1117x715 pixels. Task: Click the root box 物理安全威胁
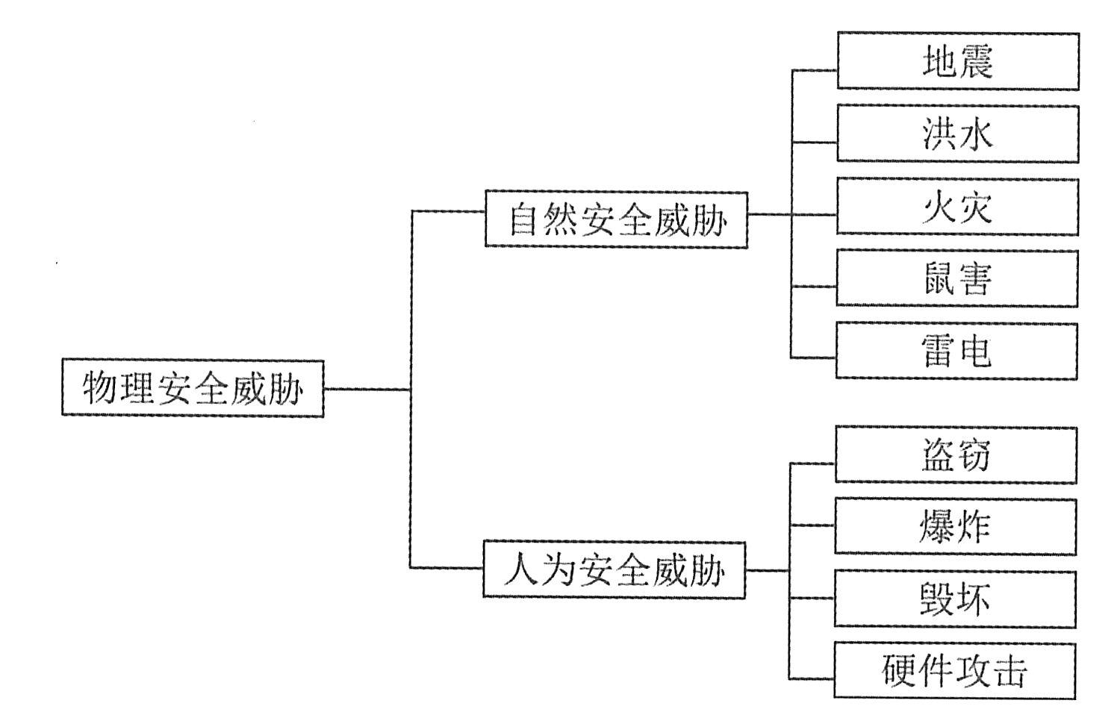coord(193,388)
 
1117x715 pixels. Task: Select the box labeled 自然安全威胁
coord(616,219)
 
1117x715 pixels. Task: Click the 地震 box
coord(957,61)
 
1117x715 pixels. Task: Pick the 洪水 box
coord(957,134)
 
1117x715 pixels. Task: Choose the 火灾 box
coord(957,206)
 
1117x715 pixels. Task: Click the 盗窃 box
coord(956,455)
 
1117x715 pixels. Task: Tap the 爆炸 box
coord(955,527)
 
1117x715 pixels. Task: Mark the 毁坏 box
coord(955,599)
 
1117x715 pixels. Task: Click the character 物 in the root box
coord(100,389)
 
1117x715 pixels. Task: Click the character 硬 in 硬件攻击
coord(899,671)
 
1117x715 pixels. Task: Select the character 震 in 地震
coord(975,62)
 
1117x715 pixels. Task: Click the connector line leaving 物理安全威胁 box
coord(366,389)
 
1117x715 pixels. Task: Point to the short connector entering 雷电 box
coord(813,357)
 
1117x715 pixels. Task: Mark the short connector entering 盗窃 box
coord(812,463)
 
